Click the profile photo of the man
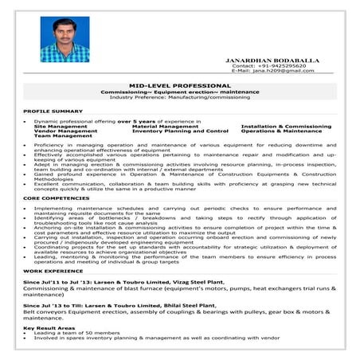click(x=65, y=41)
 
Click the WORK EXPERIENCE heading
click(x=53, y=272)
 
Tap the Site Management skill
click(x=61, y=126)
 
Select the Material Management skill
click(x=165, y=126)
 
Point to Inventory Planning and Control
click(x=180, y=131)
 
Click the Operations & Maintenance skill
click(x=281, y=131)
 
